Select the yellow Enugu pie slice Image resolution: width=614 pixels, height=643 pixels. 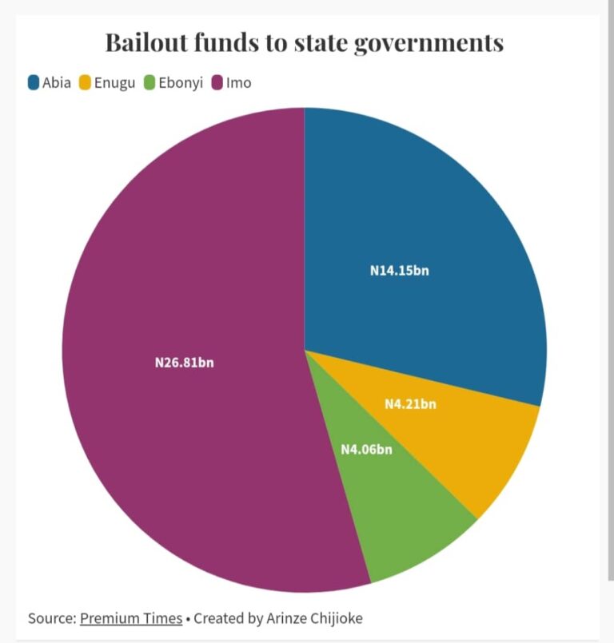pyautogui.click(x=480, y=447)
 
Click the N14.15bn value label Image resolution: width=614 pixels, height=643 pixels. pyautogui.click(x=399, y=271)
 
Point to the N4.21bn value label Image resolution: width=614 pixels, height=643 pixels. pyautogui.click(x=410, y=404)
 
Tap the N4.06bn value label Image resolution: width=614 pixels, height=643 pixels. pyautogui.click(x=366, y=450)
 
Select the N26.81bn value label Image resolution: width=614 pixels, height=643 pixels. pyautogui.click(x=184, y=363)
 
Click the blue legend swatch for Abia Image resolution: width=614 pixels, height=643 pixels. pyautogui.click(x=34, y=82)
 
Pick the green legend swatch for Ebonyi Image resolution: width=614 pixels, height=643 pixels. pyautogui.click(x=150, y=82)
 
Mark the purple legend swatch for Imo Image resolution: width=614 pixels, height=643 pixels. pyautogui.click(x=217, y=82)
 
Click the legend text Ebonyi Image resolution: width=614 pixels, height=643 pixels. pyautogui.click(x=180, y=82)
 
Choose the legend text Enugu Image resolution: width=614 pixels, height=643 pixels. pyautogui.click(x=115, y=82)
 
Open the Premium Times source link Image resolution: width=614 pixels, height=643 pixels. pyautogui.click(x=130, y=618)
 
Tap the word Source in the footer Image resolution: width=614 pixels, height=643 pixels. pyautogui.click(x=51, y=618)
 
